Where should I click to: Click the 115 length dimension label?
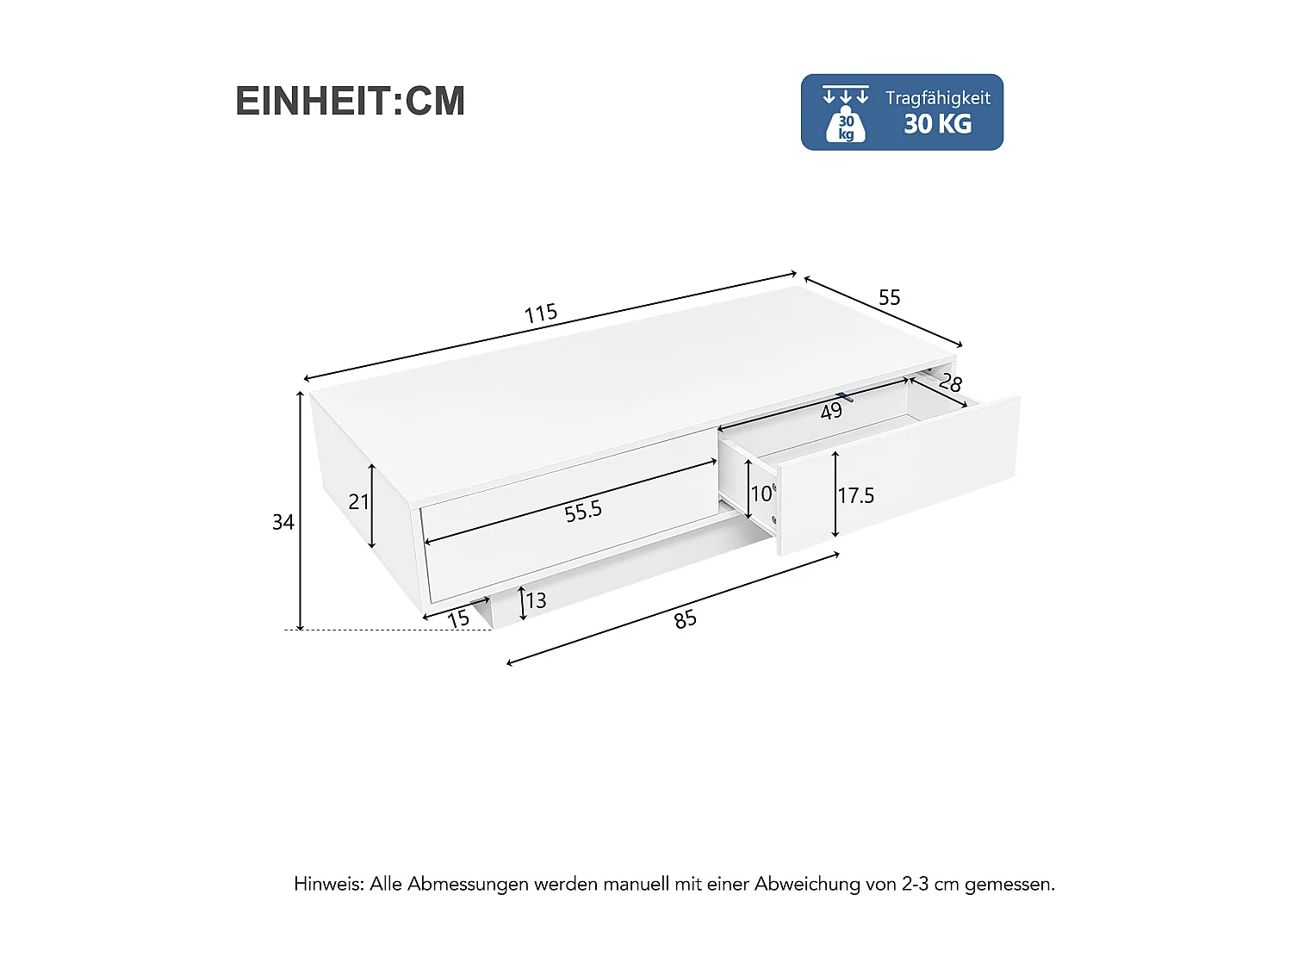(x=541, y=313)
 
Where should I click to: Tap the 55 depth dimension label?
(x=889, y=297)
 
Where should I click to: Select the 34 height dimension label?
(x=283, y=522)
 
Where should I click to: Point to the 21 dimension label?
(x=358, y=501)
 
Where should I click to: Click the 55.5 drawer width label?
(x=583, y=512)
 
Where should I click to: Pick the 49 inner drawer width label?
(x=831, y=412)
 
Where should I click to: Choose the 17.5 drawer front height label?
(x=856, y=495)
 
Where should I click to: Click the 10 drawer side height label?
(x=761, y=494)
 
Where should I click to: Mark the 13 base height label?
(x=536, y=600)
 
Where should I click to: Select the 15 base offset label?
(x=458, y=618)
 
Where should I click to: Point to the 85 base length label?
(x=686, y=619)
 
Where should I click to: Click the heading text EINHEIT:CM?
(x=350, y=101)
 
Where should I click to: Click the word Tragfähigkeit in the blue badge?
(x=937, y=97)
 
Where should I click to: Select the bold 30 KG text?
(x=937, y=124)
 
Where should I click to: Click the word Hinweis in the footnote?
(x=328, y=884)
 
